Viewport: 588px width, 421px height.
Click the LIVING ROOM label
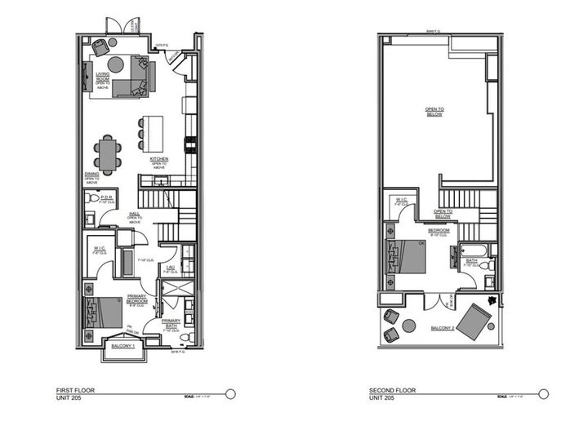[102, 75]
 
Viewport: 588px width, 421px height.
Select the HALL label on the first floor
[135, 214]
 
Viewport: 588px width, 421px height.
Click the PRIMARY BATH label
[171, 324]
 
